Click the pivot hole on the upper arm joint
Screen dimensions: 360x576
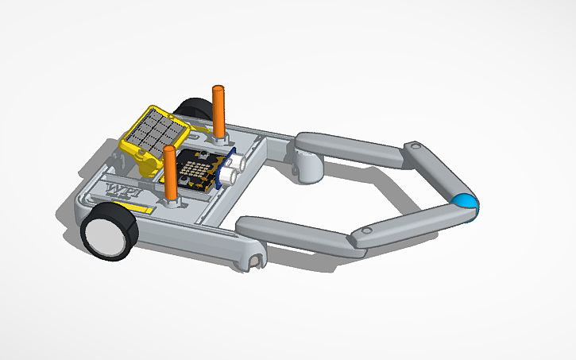click(x=415, y=147)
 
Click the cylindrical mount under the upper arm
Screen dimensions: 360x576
click(x=307, y=167)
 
